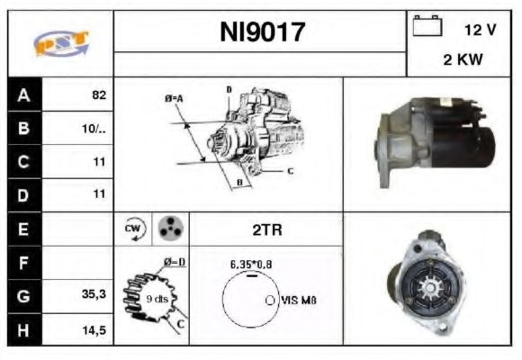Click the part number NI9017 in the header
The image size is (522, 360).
[262, 33]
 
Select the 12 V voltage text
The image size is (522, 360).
[479, 30]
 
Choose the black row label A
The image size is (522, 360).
[22, 94]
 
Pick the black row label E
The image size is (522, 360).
[22, 229]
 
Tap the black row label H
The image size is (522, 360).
[22, 330]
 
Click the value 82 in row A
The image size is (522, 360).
[99, 94]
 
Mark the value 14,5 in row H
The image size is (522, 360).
[95, 330]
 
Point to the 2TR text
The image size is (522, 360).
[266, 229]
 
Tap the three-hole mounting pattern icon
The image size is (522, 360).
[167, 229]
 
